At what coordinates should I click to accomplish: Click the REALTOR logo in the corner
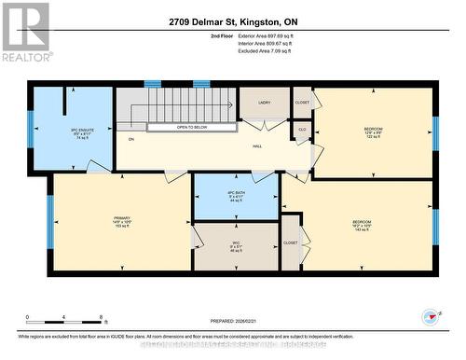tap(25, 32)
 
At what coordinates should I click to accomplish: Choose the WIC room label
tap(236, 246)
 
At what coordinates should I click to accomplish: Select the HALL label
tap(255, 147)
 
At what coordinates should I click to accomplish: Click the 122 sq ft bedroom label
tap(374, 132)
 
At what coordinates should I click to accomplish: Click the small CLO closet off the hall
tap(302, 131)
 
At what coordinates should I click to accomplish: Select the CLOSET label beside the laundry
tap(302, 104)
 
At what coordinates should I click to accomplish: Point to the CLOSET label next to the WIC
tap(291, 242)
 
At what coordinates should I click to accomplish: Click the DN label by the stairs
tap(131, 139)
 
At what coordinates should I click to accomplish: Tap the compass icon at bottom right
tap(430, 317)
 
